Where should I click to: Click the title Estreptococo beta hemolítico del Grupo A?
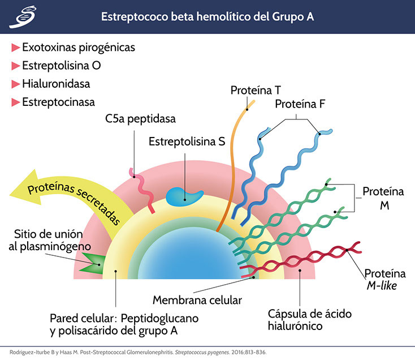pos(207,17)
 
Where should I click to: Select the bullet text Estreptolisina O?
pos(62,66)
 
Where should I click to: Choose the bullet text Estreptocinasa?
pos(58,102)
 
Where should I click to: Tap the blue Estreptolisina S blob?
pos(185,195)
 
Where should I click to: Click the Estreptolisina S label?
pos(187,142)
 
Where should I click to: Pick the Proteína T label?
pos(256,90)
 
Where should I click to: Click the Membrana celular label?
pos(189,299)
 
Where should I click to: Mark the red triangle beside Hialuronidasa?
pos(16,84)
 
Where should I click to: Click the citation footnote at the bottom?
pos(147,350)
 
